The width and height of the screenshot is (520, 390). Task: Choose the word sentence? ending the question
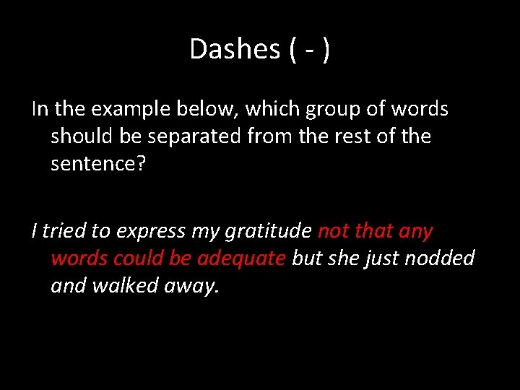pyautogui.click(x=97, y=164)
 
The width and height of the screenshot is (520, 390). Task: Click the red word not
pyautogui.click(x=333, y=231)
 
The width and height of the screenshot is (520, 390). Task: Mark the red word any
pyautogui.click(x=416, y=232)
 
